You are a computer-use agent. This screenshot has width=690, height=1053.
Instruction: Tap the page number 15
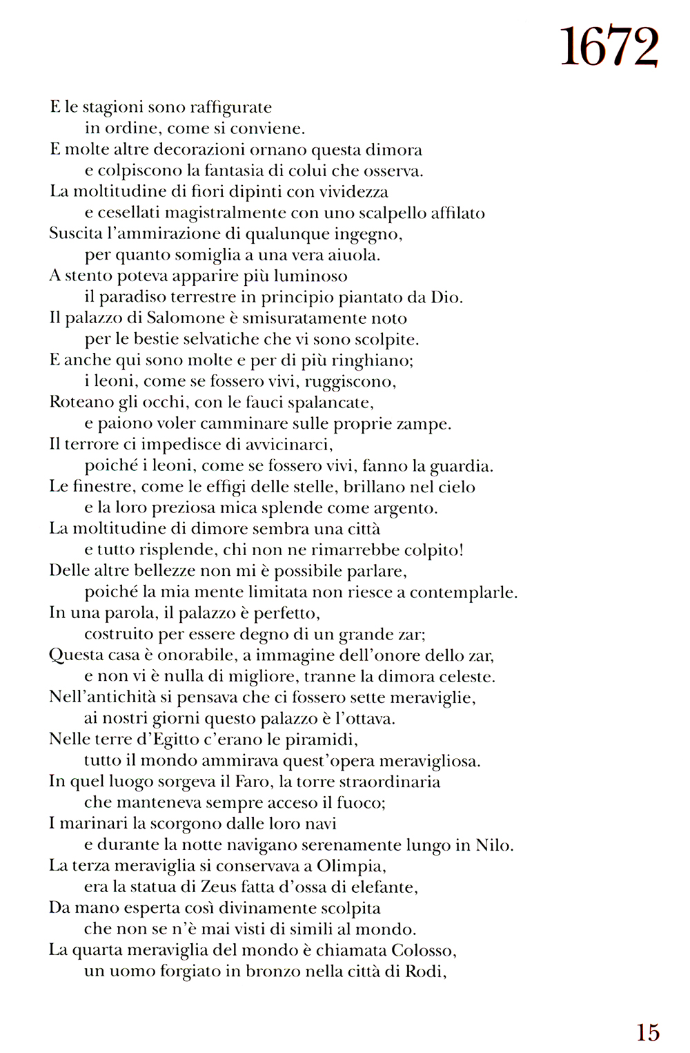click(x=648, y=1032)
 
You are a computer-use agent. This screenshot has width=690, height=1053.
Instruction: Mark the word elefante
click(x=385, y=887)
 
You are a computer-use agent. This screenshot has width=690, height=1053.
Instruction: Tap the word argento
click(x=404, y=509)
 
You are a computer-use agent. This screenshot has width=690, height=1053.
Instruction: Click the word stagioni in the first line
click(x=112, y=108)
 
